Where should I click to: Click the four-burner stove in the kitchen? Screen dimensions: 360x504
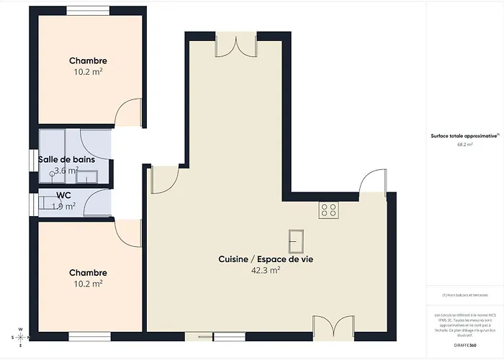(x=329, y=210)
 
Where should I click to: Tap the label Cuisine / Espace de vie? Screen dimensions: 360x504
(x=265, y=258)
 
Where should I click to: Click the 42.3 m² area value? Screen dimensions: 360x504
(x=265, y=271)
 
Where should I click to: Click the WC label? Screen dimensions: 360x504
(x=63, y=195)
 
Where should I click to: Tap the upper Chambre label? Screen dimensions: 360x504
(x=88, y=60)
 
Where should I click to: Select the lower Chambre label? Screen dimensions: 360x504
(x=88, y=273)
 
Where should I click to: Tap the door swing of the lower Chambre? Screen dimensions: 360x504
(x=128, y=232)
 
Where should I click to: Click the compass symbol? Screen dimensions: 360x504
(x=21, y=337)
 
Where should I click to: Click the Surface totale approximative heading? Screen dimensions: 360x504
(x=465, y=135)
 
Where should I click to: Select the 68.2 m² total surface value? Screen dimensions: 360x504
(x=465, y=144)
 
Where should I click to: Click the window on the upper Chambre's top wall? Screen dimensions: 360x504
(x=88, y=10)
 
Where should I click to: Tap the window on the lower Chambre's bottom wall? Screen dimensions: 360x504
(x=89, y=335)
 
